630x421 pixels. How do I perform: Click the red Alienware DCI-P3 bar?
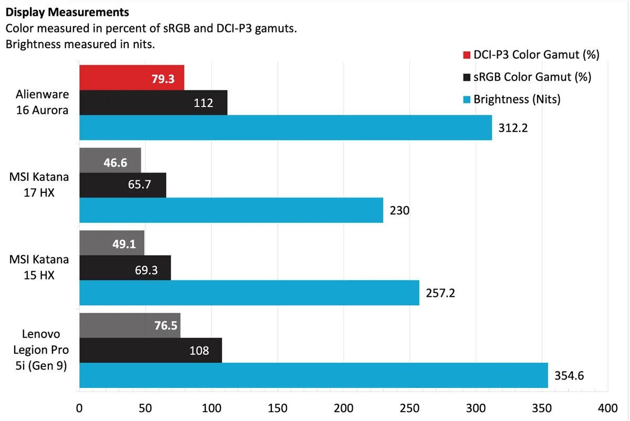[132, 77]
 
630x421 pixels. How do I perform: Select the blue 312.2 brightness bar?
[286, 127]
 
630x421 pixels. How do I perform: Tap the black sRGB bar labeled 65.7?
[122, 185]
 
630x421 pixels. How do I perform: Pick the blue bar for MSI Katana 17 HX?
[231, 210]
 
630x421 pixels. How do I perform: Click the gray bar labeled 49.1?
[111, 243]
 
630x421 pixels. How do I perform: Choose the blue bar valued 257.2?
[249, 293]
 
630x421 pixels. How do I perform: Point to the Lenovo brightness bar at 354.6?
[313, 375]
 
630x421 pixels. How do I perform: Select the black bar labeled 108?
[151, 350]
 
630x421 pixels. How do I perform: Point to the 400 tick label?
[607, 408]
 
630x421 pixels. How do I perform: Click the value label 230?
[399, 210]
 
